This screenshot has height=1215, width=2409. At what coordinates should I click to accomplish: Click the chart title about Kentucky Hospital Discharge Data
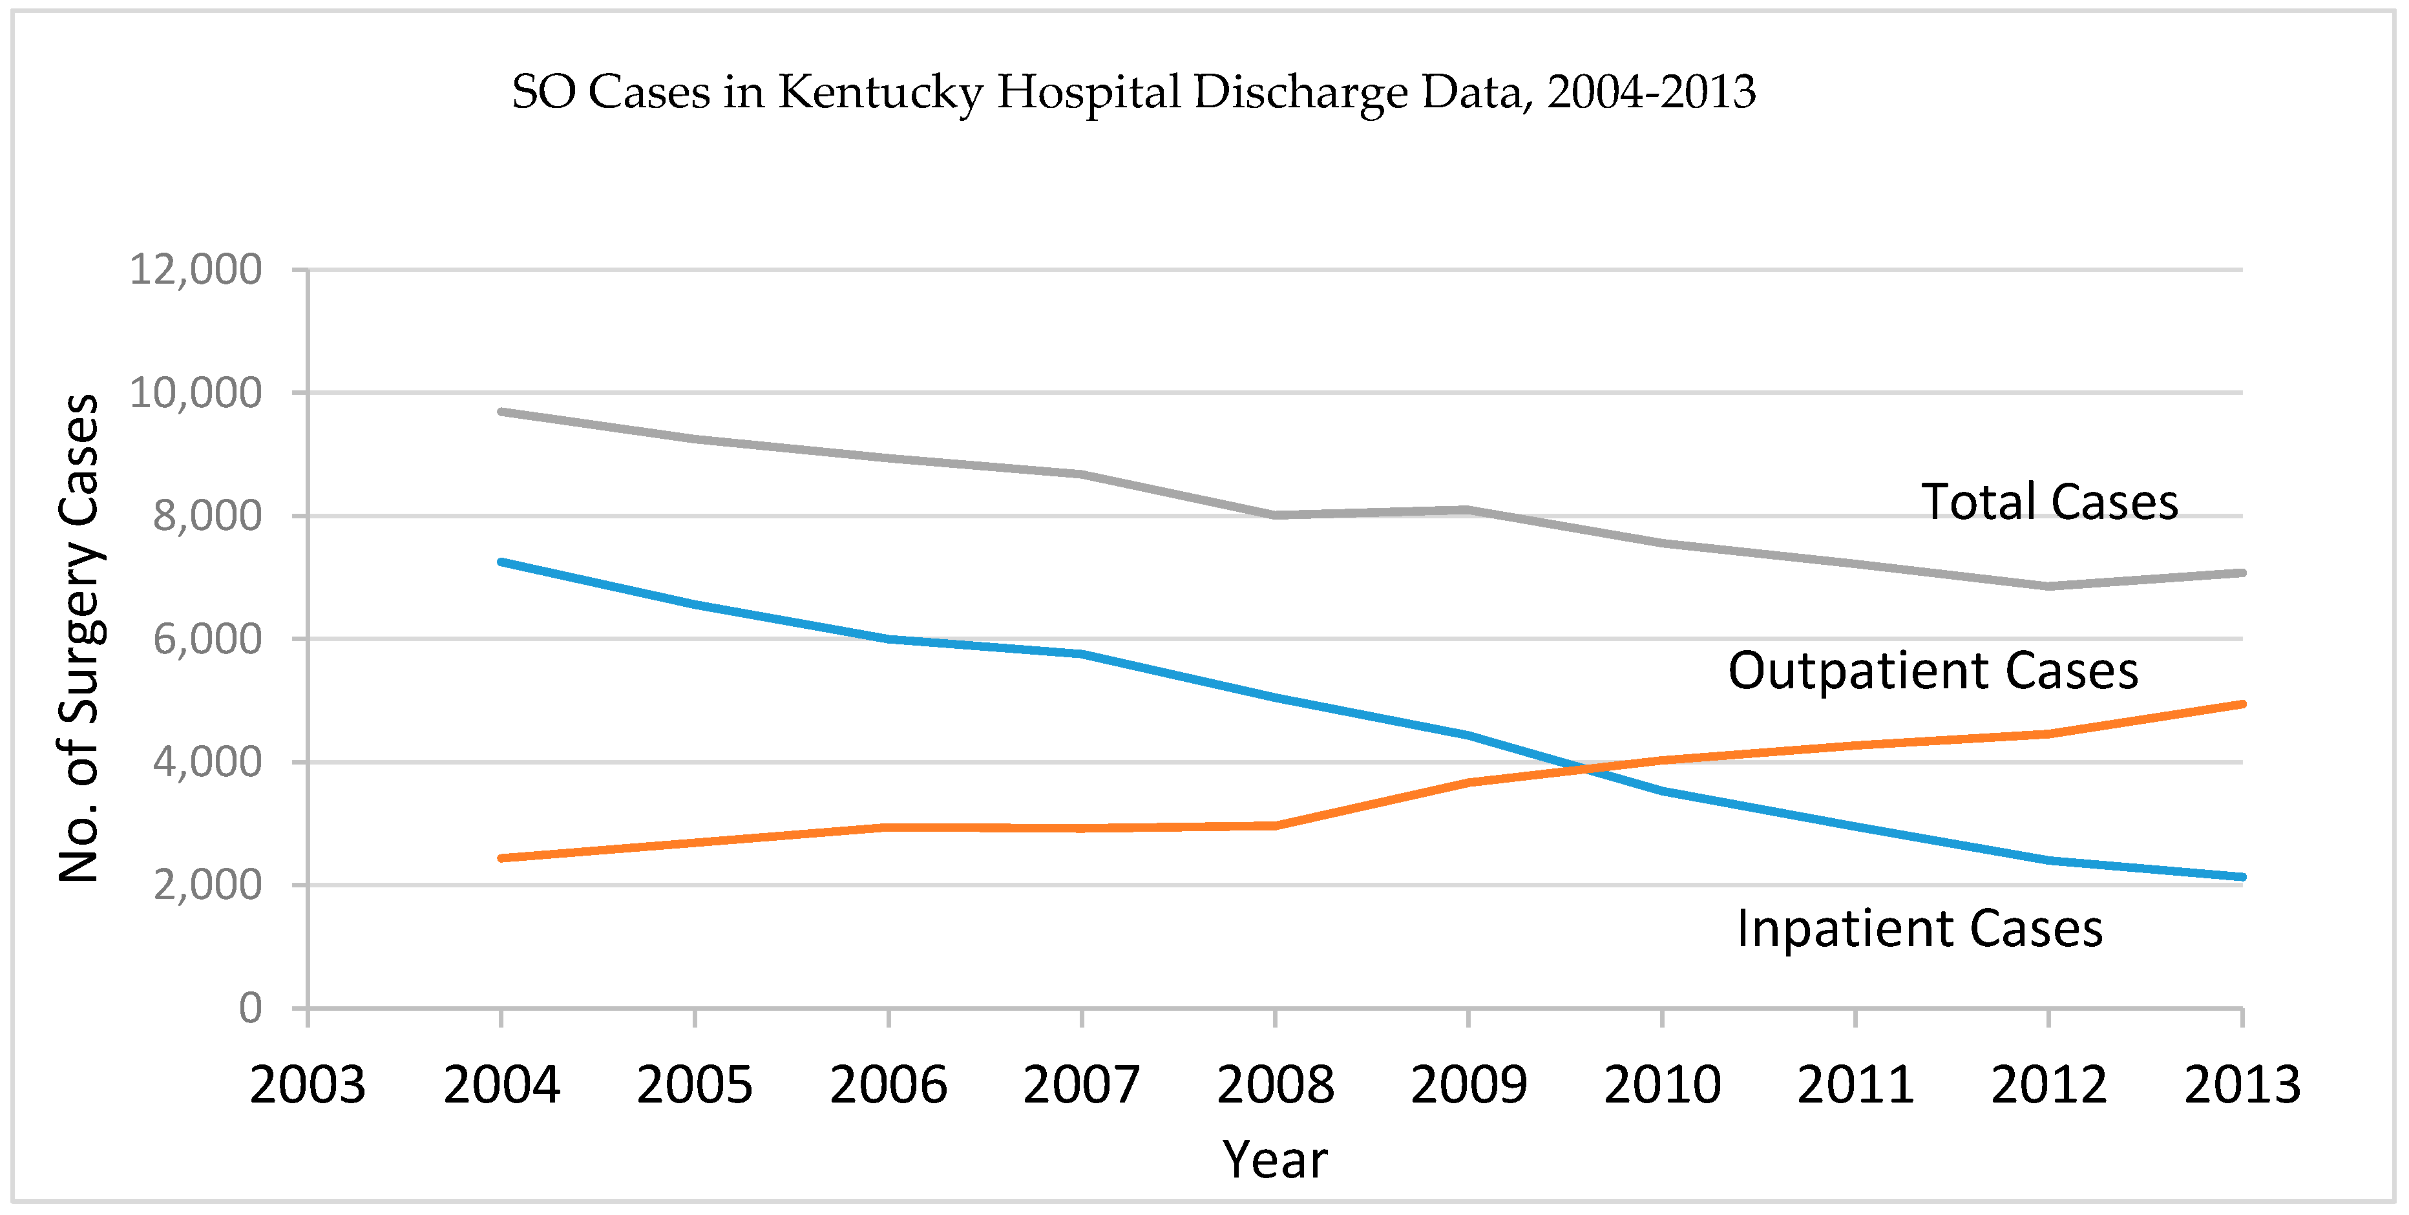1133,92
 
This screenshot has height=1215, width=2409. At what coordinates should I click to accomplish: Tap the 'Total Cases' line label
2049,502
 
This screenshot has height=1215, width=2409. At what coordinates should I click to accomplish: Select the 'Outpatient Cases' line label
1933,671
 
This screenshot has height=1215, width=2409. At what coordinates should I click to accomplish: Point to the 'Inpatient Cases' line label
1920,929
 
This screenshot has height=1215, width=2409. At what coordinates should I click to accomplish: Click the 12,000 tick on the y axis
195,270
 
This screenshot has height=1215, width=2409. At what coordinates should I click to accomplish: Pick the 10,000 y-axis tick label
195,394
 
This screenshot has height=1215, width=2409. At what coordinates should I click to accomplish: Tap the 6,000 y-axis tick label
207,640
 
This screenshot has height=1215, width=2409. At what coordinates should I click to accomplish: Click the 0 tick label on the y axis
249,1008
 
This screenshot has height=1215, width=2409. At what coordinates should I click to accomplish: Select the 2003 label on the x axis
308,1085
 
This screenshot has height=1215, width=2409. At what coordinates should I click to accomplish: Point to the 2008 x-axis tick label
1275,1085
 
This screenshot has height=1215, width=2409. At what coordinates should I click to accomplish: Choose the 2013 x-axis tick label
2242,1085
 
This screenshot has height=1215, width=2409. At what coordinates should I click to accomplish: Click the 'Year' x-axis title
1275,1160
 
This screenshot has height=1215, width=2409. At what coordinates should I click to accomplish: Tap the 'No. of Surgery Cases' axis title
79,638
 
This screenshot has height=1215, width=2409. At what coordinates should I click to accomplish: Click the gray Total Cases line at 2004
502,412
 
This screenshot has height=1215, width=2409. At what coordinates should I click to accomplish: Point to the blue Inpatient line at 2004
502,562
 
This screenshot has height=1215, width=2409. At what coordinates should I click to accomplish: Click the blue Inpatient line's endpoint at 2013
2241,876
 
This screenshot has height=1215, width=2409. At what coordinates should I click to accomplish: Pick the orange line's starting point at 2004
502,858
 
